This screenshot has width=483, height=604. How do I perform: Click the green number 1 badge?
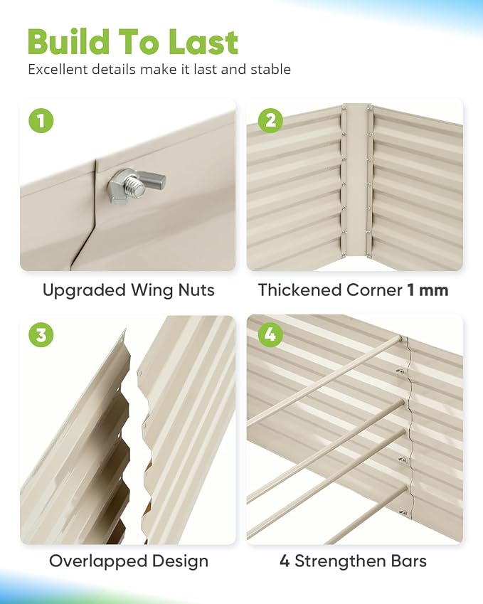coord(41,120)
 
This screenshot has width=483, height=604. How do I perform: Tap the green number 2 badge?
coord(271,120)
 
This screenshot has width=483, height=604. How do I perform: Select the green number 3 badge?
coord(41,334)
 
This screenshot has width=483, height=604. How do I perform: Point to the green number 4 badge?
coord(271,334)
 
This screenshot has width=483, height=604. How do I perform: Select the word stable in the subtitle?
coord(271,69)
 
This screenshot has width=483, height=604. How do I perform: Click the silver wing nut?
coord(136,186)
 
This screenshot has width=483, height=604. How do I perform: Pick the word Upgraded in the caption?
coord(85,291)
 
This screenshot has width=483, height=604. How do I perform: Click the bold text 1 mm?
coord(428,290)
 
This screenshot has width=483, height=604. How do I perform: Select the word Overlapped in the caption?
coord(98,561)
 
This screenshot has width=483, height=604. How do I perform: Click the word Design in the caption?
coord(180,562)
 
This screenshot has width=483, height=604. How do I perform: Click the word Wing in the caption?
coord(152,291)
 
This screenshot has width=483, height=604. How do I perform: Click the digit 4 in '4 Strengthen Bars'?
coord(285,561)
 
